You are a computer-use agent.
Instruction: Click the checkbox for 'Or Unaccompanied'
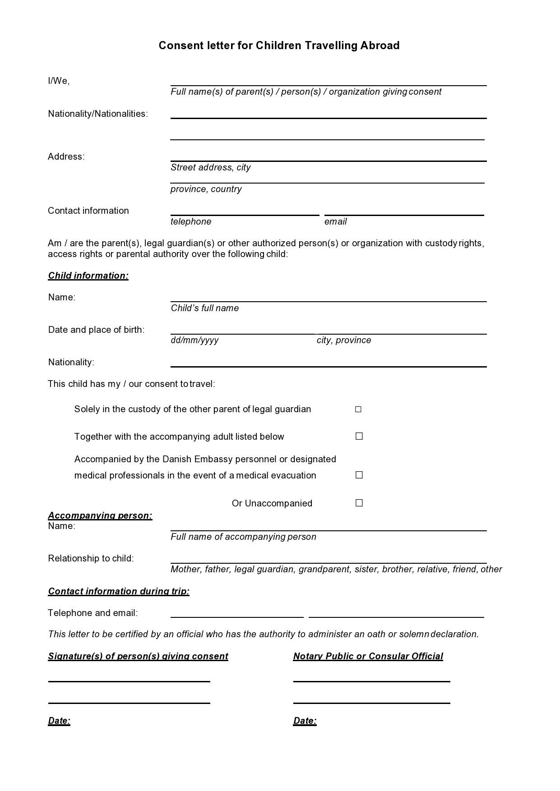(359, 503)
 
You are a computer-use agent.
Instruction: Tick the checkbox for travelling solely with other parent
(358, 409)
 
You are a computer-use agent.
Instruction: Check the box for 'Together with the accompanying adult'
(359, 436)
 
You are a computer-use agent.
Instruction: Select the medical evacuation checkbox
(359, 475)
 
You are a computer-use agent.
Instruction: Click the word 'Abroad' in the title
(380, 46)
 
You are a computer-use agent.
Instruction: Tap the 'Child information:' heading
(88, 276)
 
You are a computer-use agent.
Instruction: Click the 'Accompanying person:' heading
(100, 515)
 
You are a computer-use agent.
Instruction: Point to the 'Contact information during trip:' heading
(119, 591)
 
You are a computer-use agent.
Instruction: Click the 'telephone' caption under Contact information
(191, 221)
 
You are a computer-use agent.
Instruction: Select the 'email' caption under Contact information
(336, 221)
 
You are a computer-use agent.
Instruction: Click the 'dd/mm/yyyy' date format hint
(194, 340)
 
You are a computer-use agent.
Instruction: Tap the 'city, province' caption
(344, 340)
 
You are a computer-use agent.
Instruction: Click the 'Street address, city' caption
(210, 167)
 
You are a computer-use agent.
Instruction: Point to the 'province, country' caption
(206, 189)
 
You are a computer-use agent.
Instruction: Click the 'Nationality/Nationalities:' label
(98, 114)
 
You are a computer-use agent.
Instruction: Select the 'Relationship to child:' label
(91, 558)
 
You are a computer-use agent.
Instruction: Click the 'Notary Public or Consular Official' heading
(368, 656)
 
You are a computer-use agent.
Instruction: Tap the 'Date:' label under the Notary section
(305, 721)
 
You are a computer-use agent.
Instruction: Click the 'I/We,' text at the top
(59, 81)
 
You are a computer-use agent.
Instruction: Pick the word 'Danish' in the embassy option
(177, 459)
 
